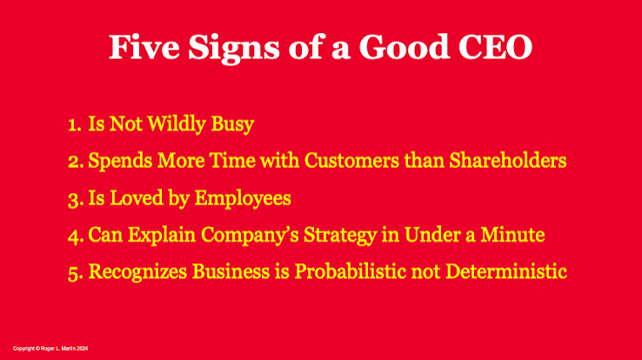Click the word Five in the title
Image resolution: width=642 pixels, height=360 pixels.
pyautogui.click(x=144, y=47)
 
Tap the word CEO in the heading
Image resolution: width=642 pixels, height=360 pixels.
pyautogui.click(x=495, y=47)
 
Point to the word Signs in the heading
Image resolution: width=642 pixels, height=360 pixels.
pyautogui.click(x=234, y=49)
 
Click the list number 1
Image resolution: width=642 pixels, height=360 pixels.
pyautogui.click(x=75, y=124)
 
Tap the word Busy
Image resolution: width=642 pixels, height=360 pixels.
pyautogui.click(x=232, y=124)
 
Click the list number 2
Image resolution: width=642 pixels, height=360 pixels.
pyautogui.click(x=76, y=161)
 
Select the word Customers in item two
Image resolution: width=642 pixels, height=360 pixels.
pyautogui.click(x=351, y=160)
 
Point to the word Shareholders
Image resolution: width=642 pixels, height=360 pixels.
pyautogui.click(x=508, y=160)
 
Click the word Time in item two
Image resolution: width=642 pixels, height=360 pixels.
pyautogui.click(x=232, y=160)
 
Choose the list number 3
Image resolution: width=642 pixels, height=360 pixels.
pyautogui.click(x=76, y=199)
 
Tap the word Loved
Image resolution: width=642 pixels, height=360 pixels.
pyautogui.click(x=137, y=197)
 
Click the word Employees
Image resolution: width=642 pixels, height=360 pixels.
pyautogui.click(x=243, y=199)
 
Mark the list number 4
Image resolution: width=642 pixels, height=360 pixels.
pyautogui.click(x=76, y=236)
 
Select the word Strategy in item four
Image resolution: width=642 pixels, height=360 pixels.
pyautogui.click(x=340, y=236)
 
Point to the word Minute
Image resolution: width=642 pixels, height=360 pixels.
pyautogui.click(x=512, y=235)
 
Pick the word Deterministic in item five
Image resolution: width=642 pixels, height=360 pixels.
pyautogui.click(x=506, y=271)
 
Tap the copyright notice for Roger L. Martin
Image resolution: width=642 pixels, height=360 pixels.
pyautogui.click(x=50, y=349)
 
